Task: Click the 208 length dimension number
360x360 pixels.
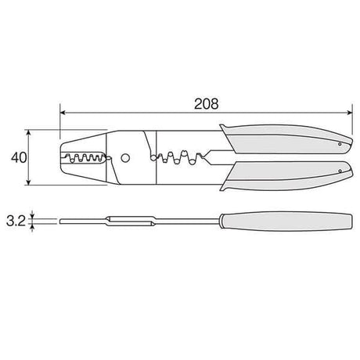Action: coord(207,104)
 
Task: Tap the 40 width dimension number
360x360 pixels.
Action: coord(19,158)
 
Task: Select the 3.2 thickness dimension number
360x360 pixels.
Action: coord(16,221)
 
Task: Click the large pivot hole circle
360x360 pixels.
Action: coord(125,158)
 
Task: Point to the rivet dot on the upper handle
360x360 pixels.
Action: coord(340,144)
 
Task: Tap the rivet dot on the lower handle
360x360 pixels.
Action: coord(340,171)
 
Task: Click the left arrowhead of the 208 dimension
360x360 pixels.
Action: coord(63,113)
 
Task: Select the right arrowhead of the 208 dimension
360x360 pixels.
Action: coord(350,113)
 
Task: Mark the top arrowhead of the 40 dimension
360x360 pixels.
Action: coord(29,132)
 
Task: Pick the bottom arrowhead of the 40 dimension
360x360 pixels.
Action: coord(29,182)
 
